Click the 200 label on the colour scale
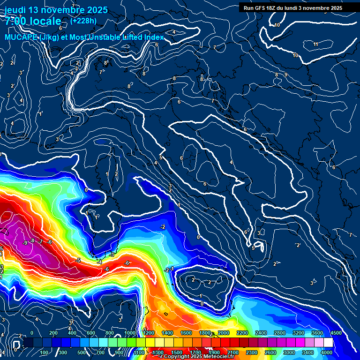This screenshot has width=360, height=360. tap(53, 333)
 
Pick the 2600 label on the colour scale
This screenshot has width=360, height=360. tap(271, 352)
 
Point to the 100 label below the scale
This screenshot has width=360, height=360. tap(45, 352)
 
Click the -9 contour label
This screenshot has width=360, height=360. tap(25, 242)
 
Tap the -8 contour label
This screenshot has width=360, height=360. tap(32, 240)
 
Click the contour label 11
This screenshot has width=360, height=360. tap(315, 44)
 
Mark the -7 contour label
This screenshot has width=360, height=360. tap(41, 241)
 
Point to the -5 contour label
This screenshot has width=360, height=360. tap(79, 260)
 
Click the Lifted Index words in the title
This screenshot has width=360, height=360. tap(140, 37)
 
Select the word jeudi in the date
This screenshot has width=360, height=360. tap(16, 10)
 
